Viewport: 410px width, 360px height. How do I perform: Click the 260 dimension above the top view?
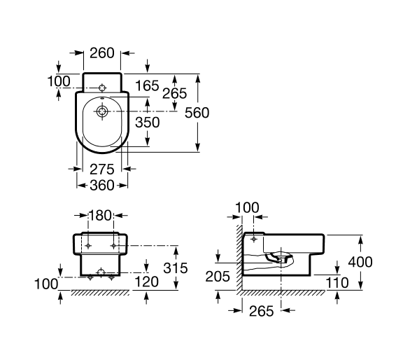[x=102, y=53]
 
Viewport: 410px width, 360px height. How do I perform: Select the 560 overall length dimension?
[x=197, y=113]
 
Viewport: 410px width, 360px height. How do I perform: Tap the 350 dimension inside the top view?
[x=147, y=123]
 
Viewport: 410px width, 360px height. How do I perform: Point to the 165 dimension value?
[x=147, y=85]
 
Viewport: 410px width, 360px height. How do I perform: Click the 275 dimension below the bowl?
[x=102, y=169]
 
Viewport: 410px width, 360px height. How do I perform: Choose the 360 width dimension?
[x=102, y=186]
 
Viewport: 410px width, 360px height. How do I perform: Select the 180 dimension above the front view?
[x=100, y=216]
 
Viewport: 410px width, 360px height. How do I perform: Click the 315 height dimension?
[x=176, y=268]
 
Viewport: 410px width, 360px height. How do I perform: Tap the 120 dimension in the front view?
[x=146, y=282]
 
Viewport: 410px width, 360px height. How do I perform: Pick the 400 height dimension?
[x=360, y=262]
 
